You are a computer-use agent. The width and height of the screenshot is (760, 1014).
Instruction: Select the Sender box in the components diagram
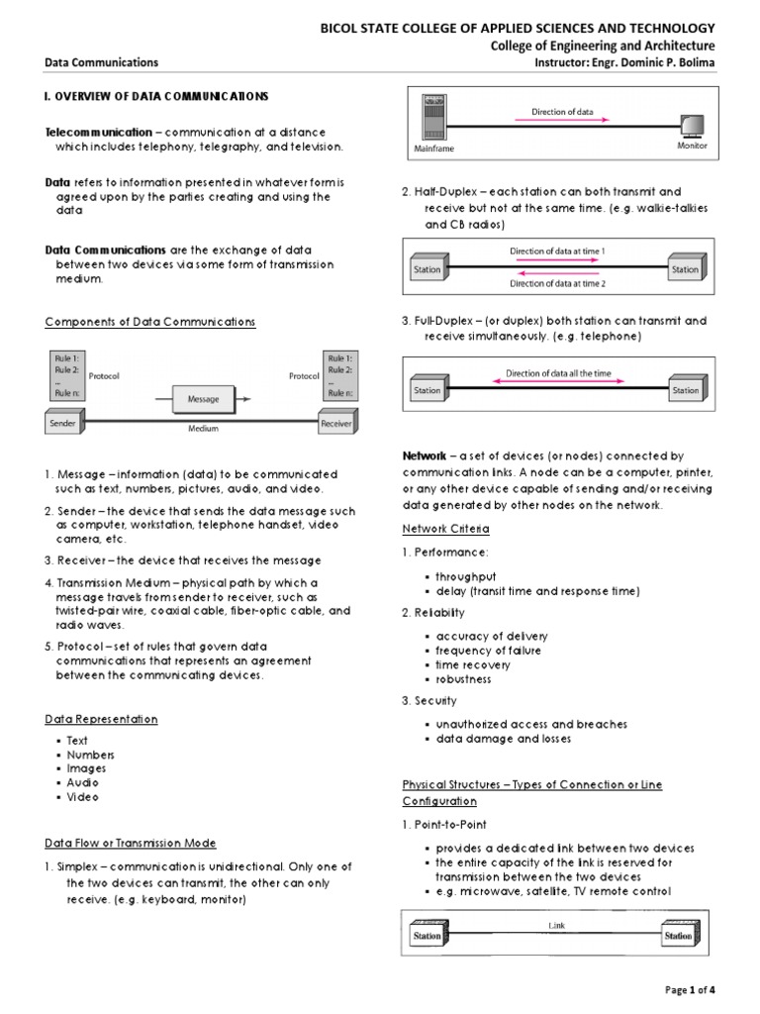click(x=64, y=423)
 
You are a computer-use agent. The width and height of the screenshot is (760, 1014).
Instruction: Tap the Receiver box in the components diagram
click(x=335, y=423)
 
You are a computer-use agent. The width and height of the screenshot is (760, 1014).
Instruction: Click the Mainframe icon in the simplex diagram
click(x=431, y=119)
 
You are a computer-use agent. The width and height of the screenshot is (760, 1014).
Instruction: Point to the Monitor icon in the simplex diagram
click(x=691, y=125)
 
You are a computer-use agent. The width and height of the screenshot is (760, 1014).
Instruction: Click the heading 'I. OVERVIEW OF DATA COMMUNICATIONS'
click(x=156, y=96)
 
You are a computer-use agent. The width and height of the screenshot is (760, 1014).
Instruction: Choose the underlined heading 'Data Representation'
click(x=101, y=719)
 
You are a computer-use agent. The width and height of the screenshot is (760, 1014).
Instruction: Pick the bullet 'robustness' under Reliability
click(x=463, y=679)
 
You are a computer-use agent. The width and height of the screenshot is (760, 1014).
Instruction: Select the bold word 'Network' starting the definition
click(x=423, y=456)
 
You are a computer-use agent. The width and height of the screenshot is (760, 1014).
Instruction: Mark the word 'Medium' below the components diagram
click(x=203, y=429)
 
